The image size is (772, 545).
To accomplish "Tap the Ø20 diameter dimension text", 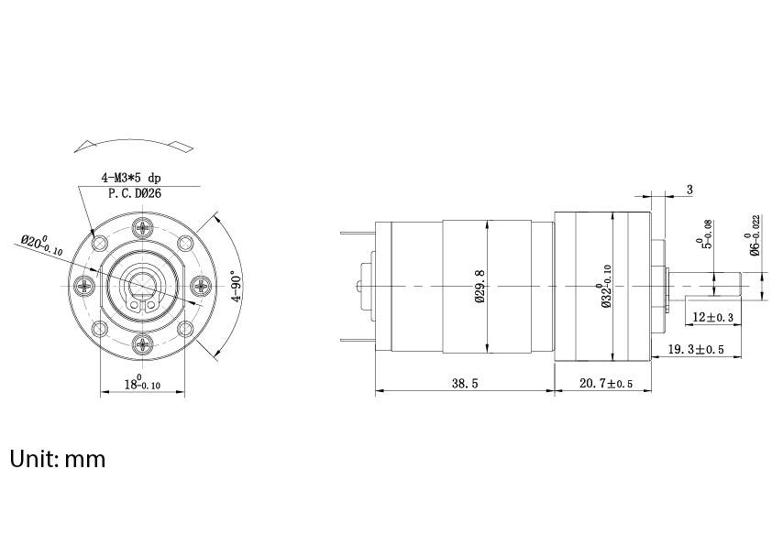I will click(41, 245).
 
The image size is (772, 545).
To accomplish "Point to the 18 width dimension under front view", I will click(141, 385).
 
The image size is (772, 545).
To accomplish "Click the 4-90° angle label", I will click(237, 286).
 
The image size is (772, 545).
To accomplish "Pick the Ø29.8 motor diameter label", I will click(480, 286).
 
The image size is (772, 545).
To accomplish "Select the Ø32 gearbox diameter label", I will click(607, 286).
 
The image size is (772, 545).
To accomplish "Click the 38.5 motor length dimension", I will click(464, 384).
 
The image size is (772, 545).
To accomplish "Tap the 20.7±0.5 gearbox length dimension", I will click(604, 384).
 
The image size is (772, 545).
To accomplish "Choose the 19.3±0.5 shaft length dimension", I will click(696, 349).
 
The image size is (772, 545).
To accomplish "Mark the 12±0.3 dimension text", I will click(713, 317).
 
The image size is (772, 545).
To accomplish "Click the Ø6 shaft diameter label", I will click(755, 234).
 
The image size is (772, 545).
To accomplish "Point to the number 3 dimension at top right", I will click(689, 190).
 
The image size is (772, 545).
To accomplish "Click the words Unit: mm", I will click(58, 458).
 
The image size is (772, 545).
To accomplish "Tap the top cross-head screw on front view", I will click(142, 228).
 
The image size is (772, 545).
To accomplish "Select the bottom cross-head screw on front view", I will click(142, 343).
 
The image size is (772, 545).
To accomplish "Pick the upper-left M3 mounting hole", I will click(101, 245).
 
